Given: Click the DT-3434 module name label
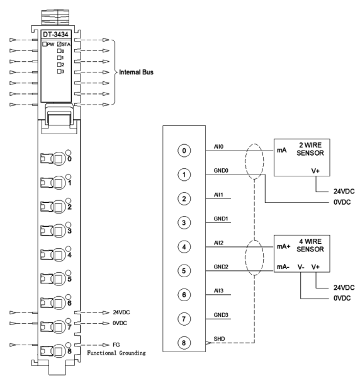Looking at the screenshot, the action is tap(55, 35).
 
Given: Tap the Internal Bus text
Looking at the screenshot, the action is tap(136, 72).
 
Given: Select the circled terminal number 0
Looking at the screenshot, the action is tap(184, 151).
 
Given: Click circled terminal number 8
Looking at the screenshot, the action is tap(184, 343).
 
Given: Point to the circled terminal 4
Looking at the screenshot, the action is tap(184, 246).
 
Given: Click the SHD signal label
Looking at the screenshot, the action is tap(219, 339).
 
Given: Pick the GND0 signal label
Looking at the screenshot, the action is tap(221, 171).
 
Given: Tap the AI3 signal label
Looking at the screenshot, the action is tap(218, 290).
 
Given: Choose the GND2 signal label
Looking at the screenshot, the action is tap(221, 266).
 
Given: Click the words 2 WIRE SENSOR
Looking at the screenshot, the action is tap(310, 149).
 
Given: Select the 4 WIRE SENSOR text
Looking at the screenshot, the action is tap(310, 245).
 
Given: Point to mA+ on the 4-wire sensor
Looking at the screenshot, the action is tap(284, 246).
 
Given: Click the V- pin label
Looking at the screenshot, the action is tap(301, 267).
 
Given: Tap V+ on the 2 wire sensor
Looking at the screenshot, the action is tap(315, 171).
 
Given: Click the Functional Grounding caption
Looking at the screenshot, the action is tap(116, 353).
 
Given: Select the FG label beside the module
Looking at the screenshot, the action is tap(116, 345).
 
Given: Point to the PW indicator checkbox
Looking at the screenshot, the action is tap(45, 44).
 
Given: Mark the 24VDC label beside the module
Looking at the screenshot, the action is tap(121, 312).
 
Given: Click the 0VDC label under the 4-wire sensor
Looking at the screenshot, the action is tap(342, 298).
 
